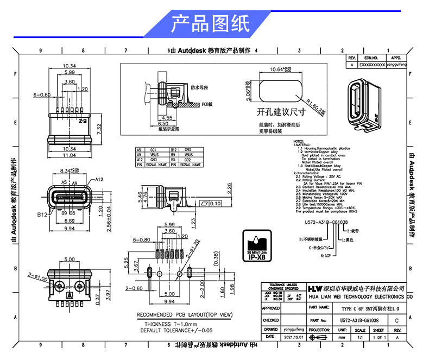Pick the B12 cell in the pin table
173,149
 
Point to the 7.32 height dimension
98,129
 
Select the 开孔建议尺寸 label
282,112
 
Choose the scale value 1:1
359,337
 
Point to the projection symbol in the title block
318,337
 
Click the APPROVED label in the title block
271,308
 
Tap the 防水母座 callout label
199,86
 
